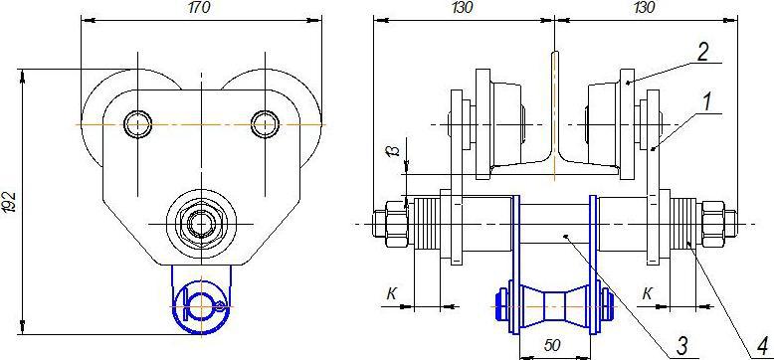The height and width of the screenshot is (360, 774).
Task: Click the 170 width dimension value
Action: pos(200,8)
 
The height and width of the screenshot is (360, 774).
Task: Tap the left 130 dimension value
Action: pos(462,7)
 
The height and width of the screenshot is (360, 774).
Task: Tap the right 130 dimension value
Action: pos(644,7)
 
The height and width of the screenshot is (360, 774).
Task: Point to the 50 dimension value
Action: pos(553,345)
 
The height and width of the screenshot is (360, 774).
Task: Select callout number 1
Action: pos(707,102)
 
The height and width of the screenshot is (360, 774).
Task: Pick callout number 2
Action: pos(704,53)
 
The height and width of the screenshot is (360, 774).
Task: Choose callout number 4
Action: pos(763,345)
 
